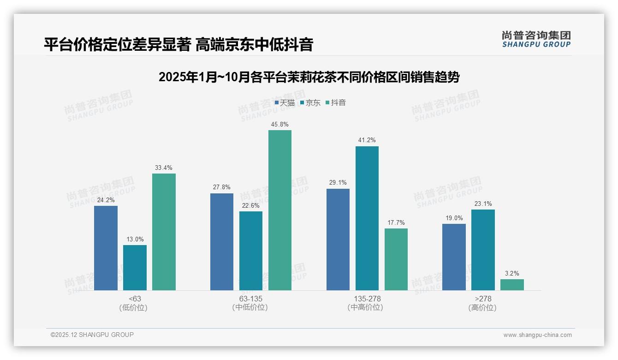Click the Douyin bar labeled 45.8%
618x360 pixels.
pyautogui.click(x=280, y=210)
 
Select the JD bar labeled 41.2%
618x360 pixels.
pyautogui.click(x=367, y=218)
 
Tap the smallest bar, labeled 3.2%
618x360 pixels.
pyautogui.click(x=512, y=285)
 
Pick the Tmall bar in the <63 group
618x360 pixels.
pyautogui.click(x=106, y=248)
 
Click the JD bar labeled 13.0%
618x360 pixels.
pyautogui.click(x=135, y=267)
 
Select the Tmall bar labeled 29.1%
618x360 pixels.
pyautogui.click(x=338, y=239)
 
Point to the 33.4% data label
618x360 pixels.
pyautogui.click(x=164, y=168)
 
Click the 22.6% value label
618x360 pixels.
pyautogui.click(x=250, y=205)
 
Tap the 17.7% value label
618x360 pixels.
pyautogui.click(x=396, y=222)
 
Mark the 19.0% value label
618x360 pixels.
pyautogui.click(x=454, y=218)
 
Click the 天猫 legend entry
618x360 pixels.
pyautogui.click(x=285, y=103)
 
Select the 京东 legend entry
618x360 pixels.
pyautogui.click(x=310, y=103)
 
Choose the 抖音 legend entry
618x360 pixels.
pyautogui.click(x=336, y=103)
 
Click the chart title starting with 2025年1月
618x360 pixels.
pyautogui.click(x=309, y=77)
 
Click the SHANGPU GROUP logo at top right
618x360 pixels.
pyautogui.click(x=536, y=39)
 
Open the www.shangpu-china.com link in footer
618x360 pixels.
pyautogui.click(x=537, y=335)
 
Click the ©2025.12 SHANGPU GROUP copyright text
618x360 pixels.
pyautogui.click(x=92, y=335)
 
